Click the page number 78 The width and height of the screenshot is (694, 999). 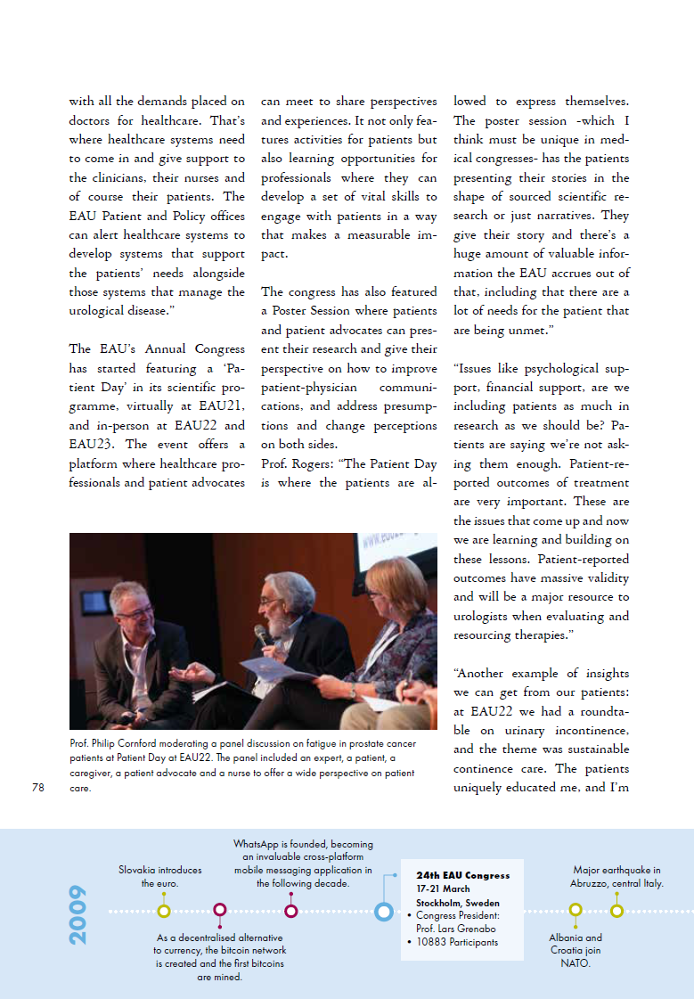37,787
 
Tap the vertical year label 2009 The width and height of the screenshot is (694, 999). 78,914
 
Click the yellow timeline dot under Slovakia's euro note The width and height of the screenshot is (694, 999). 164,911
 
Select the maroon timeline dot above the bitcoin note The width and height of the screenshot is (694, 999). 220,911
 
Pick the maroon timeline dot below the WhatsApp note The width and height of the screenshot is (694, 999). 290,911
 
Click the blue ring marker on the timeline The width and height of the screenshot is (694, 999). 384,911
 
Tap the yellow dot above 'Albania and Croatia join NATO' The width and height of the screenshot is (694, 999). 576,911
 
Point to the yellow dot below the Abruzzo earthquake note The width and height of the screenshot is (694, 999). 616,911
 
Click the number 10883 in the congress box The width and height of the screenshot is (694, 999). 433,942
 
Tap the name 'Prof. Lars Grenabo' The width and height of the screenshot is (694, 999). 448,929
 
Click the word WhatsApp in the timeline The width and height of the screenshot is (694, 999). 255,844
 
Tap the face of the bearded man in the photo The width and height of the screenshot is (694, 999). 276,599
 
